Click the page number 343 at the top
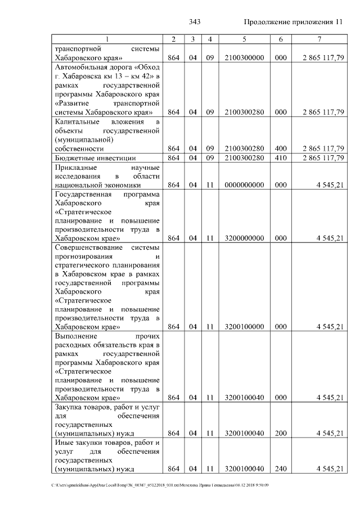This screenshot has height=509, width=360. [x=195, y=22]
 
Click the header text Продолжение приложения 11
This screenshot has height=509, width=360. [x=293, y=22]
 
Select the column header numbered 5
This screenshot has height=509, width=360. [x=244, y=39]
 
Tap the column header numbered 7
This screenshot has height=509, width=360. [x=319, y=39]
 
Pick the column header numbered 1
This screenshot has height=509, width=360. [x=107, y=39]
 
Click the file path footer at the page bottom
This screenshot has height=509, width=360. [x=160, y=485]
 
